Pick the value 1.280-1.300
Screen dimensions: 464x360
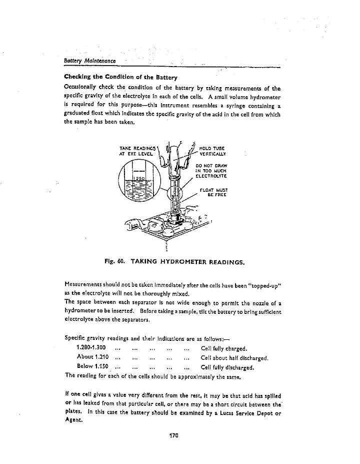click(91, 348)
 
